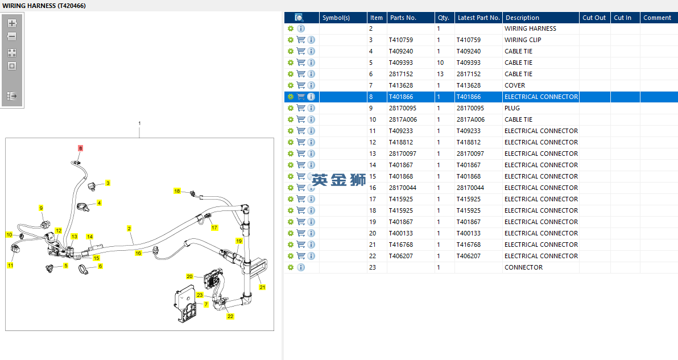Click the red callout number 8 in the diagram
pos(80,148)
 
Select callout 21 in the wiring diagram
pos(262,287)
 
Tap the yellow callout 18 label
pos(177,191)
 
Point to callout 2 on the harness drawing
pos(129,229)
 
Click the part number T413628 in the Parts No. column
pos(401,85)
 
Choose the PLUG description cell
pos(512,108)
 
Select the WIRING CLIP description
pos(523,40)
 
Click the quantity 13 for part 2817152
pos(440,74)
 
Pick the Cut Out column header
pos(594,18)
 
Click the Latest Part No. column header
pos(479,18)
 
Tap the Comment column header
pos(658,18)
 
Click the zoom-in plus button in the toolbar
pos(12,23)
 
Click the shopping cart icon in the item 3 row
pos(301,40)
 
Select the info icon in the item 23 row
pos(301,267)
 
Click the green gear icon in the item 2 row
pos(291,28)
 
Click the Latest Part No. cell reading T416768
pos(469,245)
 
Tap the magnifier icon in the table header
pos(299,18)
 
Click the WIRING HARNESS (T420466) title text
pos(44,6)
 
